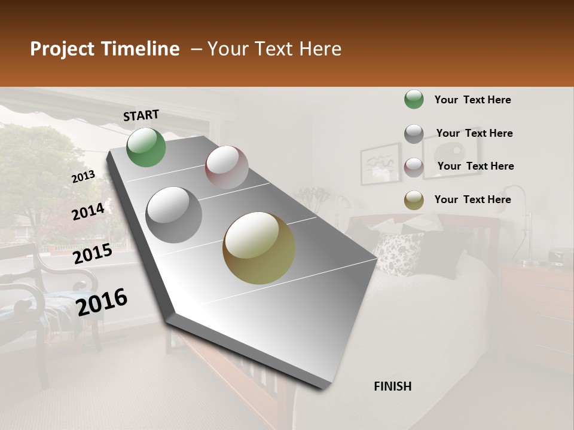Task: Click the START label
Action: click(141, 115)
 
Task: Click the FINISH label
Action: click(392, 386)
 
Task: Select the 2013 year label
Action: click(84, 176)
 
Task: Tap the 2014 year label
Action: click(88, 211)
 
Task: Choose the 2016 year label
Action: click(102, 302)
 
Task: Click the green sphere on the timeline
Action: click(146, 148)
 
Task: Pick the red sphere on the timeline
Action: click(227, 167)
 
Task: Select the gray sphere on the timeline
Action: click(174, 214)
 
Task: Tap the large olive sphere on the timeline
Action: click(259, 248)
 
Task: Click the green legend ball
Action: click(414, 100)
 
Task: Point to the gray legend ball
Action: click(414, 134)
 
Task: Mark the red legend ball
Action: click(414, 167)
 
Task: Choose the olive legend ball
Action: click(414, 200)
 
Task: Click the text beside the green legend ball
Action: click(472, 100)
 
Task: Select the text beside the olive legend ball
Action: click(472, 199)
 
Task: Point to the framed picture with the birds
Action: click(380, 163)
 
